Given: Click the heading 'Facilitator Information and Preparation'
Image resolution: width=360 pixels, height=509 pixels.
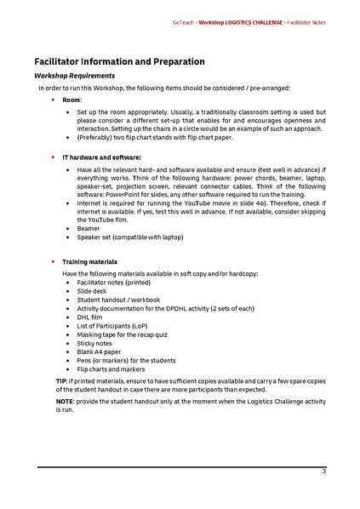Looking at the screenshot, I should click(x=118, y=62).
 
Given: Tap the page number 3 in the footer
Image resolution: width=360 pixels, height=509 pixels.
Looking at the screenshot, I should click(x=323, y=472).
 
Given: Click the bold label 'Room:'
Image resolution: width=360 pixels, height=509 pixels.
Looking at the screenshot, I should click(x=72, y=100).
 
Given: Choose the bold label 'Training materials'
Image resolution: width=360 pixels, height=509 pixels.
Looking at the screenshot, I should click(x=89, y=261).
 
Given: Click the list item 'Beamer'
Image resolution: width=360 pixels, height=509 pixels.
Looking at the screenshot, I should click(x=88, y=229).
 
